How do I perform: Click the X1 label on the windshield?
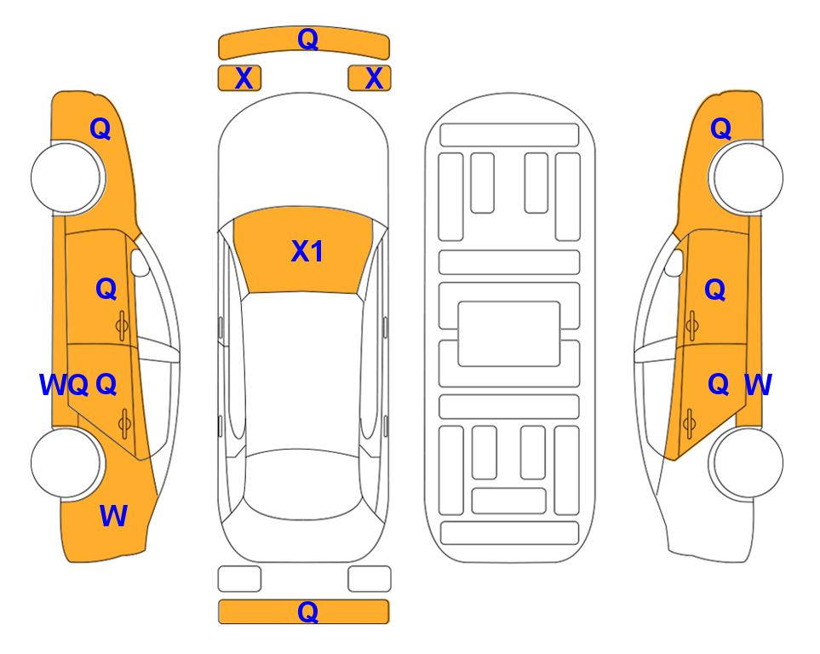pyautogui.click(x=307, y=251)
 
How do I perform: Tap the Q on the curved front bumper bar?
pyautogui.click(x=307, y=38)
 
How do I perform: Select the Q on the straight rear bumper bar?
pyautogui.click(x=307, y=611)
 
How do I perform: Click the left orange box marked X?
pyautogui.click(x=239, y=78)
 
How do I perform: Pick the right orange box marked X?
pyautogui.click(x=370, y=78)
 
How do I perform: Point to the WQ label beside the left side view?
pyautogui.click(x=64, y=385)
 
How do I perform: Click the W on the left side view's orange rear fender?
pyautogui.click(x=113, y=516)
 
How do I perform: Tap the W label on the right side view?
pyautogui.click(x=758, y=385)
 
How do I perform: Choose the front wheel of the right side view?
pyautogui.click(x=746, y=178)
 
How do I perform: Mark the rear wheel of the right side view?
pyautogui.click(x=746, y=462)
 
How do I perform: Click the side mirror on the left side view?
pyautogui.click(x=140, y=262)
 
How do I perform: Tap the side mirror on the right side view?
pyautogui.click(x=674, y=262)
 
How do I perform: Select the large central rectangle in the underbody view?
pyautogui.click(x=509, y=334)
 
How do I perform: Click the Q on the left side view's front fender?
pyautogui.click(x=100, y=129)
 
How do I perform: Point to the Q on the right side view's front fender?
pyautogui.click(x=720, y=129)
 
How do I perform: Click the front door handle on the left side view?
pyautogui.click(x=123, y=326)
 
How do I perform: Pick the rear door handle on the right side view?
pyautogui.click(x=689, y=424)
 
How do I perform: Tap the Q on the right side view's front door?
pyautogui.click(x=715, y=290)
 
